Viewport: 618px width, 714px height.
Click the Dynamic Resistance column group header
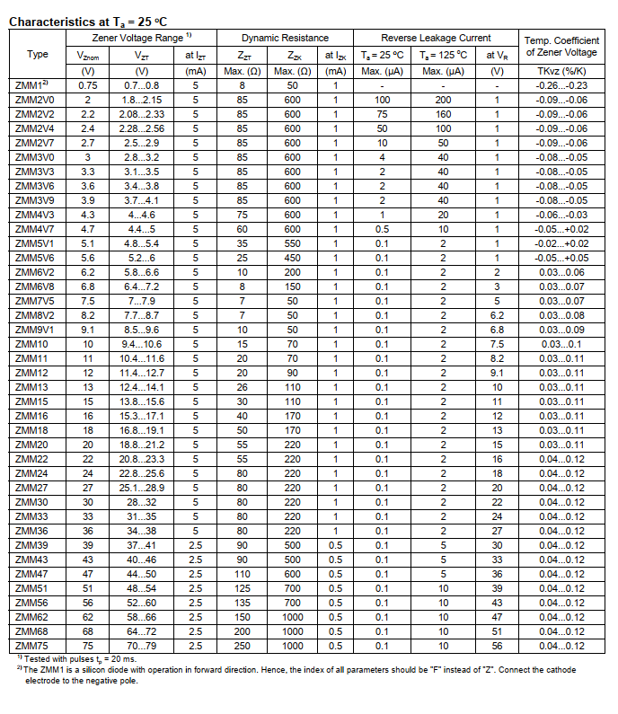(x=286, y=38)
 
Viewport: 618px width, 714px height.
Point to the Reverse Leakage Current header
(x=437, y=38)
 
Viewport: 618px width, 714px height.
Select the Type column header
(x=38, y=54)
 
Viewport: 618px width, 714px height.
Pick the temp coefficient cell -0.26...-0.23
(x=561, y=84)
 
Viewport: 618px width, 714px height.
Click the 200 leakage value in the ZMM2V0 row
(x=443, y=99)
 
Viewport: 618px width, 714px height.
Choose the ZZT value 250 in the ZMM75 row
(x=242, y=645)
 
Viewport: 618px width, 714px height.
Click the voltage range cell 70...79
(x=142, y=645)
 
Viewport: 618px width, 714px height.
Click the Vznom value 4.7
(x=88, y=228)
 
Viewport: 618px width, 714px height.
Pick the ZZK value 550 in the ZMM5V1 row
(x=292, y=242)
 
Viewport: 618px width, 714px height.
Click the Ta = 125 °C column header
(x=443, y=54)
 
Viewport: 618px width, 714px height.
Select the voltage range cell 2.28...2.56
(x=142, y=128)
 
